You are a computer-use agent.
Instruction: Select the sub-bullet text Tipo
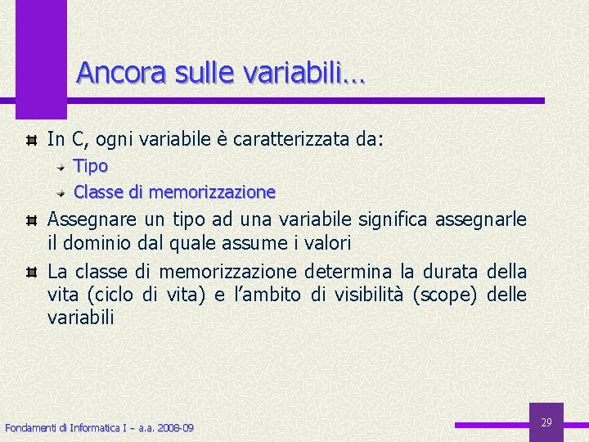pos(91,166)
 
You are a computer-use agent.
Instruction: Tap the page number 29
pos(546,422)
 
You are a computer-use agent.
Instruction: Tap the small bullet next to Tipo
pos(62,166)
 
